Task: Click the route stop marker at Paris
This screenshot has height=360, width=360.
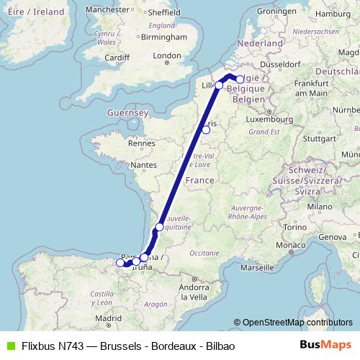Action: click(206, 130)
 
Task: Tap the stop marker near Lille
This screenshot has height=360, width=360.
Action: click(219, 86)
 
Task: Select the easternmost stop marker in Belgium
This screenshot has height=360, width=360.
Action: click(240, 80)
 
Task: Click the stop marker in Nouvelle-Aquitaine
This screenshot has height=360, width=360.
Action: click(159, 228)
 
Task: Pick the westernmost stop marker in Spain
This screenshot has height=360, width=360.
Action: click(120, 263)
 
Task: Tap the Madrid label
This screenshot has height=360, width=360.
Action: click(107, 318)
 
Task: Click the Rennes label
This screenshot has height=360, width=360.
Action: click(138, 143)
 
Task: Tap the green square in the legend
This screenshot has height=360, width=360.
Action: click(8, 346)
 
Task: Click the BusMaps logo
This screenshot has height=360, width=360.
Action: click(325, 346)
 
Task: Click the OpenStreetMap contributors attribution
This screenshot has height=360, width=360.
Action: click(297, 323)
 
